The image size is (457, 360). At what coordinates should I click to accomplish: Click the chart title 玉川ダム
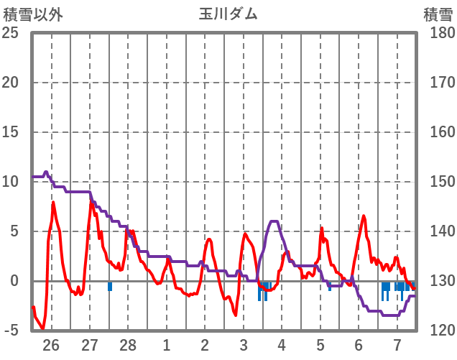[228, 13]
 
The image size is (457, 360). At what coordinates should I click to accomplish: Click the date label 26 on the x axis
[51, 344]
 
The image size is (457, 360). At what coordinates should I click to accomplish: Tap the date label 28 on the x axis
[128, 344]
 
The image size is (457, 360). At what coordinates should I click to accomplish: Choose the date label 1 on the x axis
[167, 344]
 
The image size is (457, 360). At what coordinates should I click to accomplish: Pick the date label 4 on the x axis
[282, 344]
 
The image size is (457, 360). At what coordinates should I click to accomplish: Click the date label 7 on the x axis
[397, 344]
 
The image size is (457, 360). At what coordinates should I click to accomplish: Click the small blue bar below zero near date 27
[110, 286]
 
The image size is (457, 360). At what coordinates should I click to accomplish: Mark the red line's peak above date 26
[53, 203]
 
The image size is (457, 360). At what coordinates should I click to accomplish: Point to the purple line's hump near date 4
[274, 222]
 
